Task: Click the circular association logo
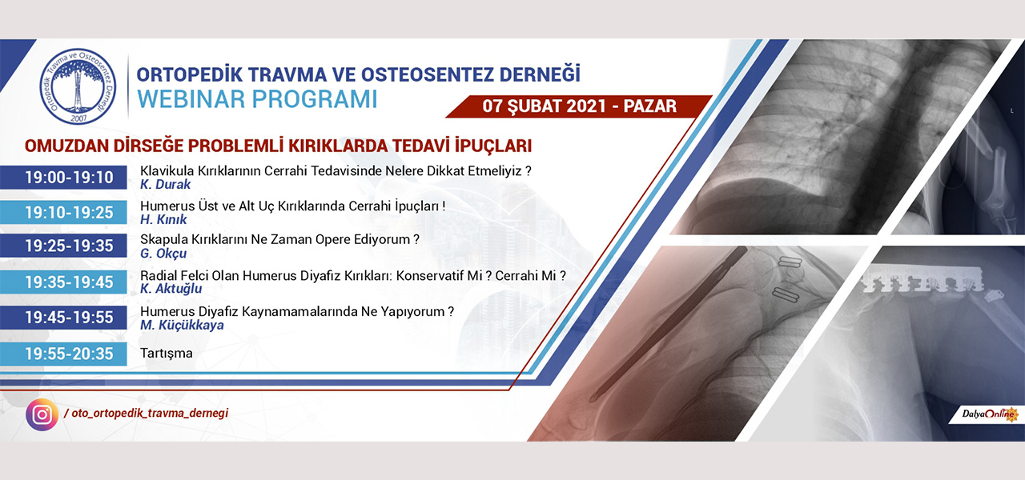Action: click(78, 86)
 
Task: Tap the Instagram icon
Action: click(42, 414)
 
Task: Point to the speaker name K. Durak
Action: click(165, 184)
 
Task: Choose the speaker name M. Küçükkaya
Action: click(182, 325)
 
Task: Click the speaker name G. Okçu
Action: click(163, 254)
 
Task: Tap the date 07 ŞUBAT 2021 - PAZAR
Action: click(579, 106)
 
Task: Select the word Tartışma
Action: click(166, 354)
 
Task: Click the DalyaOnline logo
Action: click(988, 414)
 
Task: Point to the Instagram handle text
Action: click(147, 414)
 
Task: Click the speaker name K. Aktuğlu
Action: click(171, 289)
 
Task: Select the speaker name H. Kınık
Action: click(163, 219)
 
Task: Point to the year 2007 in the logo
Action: click(78, 118)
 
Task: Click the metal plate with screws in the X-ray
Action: click(922, 283)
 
